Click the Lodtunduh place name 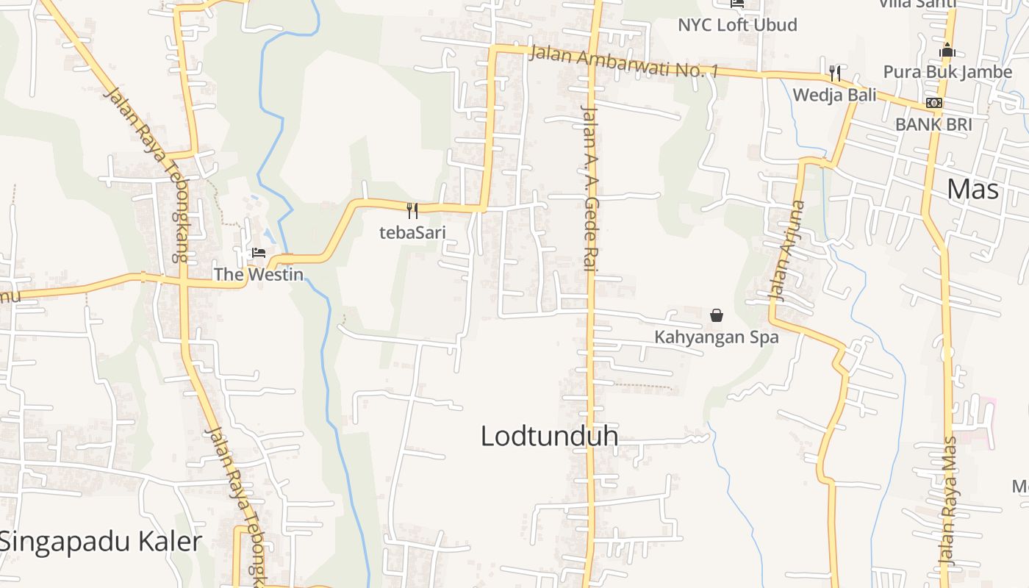549,436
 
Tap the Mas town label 973,190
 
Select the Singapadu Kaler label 100,542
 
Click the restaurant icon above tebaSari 412,211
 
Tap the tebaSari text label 412,232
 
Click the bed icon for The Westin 258,253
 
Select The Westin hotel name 258,274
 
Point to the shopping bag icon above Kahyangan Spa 717,316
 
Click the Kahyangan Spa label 717,337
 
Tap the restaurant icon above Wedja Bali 835,73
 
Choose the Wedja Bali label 835,95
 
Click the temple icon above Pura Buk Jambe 947,50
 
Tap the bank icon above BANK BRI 933,103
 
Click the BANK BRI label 933,124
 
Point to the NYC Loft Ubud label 737,25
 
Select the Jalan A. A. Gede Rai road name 589,188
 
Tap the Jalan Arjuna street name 787,250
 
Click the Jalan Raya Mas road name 950,500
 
